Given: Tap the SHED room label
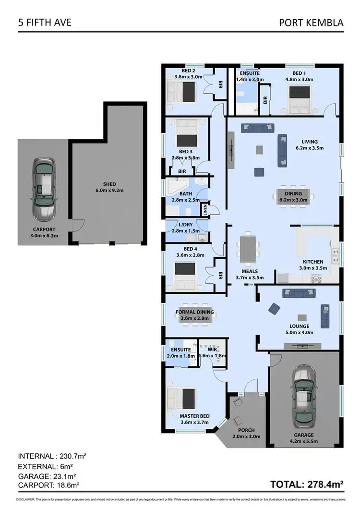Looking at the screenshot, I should pyautogui.click(x=109, y=184).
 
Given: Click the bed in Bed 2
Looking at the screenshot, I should pyautogui.click(x=182, y=90).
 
